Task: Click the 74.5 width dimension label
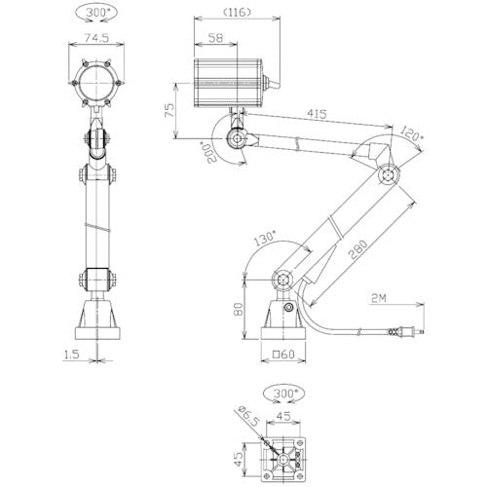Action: (96, 38)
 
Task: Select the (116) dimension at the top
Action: (238, 13)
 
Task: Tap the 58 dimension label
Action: (215, 38)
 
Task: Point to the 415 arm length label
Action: (317, 114)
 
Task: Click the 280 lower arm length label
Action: (358, 249)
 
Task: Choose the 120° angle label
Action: (411, 133)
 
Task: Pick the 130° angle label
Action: (265, 238)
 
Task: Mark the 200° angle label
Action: (210, 152)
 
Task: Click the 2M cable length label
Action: (379, 298)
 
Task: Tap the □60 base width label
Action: (283, 355)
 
